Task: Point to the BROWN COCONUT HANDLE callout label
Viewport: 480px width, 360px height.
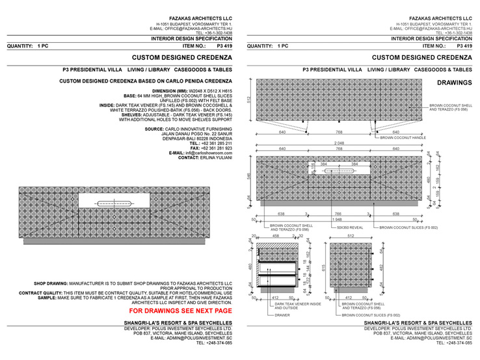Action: coord(403,138)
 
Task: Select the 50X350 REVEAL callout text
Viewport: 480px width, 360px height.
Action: coord(349,227)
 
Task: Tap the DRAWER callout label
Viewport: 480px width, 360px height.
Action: coord(283,315)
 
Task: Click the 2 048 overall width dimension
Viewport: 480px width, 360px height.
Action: coord(339,144)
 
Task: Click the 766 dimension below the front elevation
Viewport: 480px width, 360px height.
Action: coord(338,213)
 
